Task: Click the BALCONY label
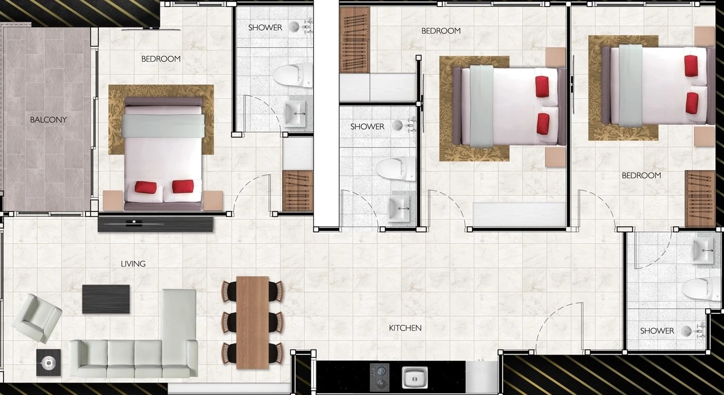[x=48, y=119]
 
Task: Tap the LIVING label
[x=133, y=264]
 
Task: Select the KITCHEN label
[x=405, y=328]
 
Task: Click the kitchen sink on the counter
[x=415, y=377]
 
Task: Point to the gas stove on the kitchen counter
[x=379, y=377]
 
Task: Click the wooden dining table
[x=253, y=322]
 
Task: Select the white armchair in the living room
[x=37, y=318]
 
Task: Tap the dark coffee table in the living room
[x=105, y=299]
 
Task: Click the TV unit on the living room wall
[x=155, y=224]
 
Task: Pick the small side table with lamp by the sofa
[x=48, y=362]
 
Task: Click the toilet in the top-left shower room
[x=293, y=75]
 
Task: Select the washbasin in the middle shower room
[x=398, y=208]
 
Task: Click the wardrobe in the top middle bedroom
[x=355, y=40]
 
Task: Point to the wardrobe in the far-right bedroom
[x=700, y=199]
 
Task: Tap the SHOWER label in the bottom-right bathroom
[x=657, y=331]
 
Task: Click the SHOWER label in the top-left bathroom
[x=265, y=28]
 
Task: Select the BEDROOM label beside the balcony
[x=161, y=59]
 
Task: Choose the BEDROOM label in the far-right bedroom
[x=641, y=175]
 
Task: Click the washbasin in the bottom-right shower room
[x=702, y=251]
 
